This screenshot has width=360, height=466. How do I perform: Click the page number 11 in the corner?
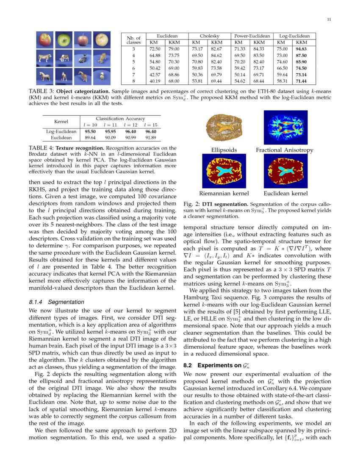329,19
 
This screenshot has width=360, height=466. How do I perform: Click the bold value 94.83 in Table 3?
301,49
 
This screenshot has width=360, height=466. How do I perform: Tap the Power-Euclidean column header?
252,36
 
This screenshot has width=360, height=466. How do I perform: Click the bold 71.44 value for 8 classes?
301,80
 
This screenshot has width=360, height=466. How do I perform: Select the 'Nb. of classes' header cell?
133,39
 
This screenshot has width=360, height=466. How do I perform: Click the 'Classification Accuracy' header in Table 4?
120,119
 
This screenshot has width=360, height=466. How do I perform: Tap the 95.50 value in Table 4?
91,131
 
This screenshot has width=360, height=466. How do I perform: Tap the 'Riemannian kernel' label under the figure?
224,193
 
